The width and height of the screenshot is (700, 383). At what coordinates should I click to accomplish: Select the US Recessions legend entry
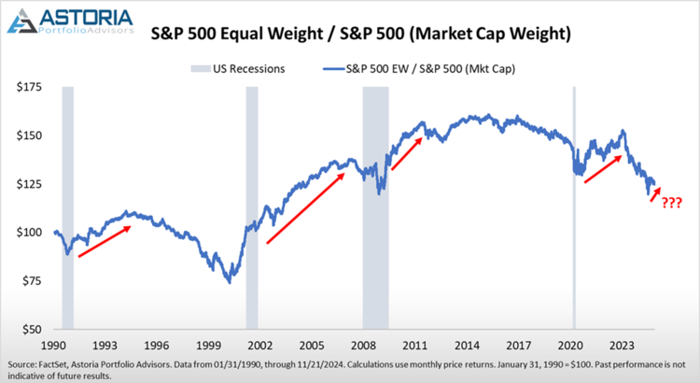click(x=239, y=68)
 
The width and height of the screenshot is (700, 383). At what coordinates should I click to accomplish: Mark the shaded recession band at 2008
click(x=376, y=206)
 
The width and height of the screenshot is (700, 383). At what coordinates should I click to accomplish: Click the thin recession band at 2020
click(x=574, y=206)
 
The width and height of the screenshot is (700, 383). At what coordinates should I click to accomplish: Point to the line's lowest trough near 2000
click(x=230, y=281)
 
